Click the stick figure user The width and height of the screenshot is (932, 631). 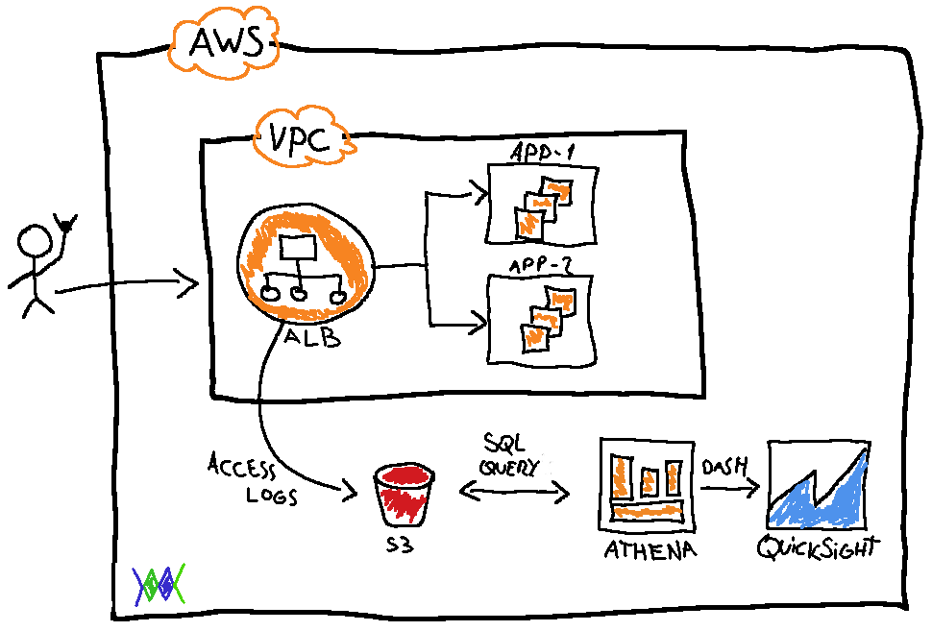(38, 267)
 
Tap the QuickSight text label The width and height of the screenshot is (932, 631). (819, 548)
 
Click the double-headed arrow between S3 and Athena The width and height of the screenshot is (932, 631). (514, 492)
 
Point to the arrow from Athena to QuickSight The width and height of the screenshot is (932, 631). (729, 488)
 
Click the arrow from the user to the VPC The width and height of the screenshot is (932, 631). (125, 284)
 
